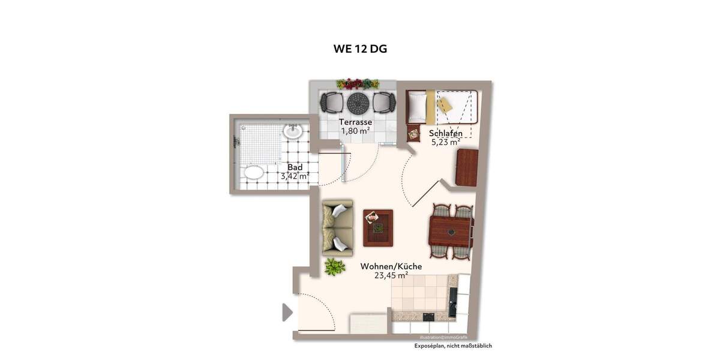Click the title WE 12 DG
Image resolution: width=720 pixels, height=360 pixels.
pyautogui.click(x=360, y=49)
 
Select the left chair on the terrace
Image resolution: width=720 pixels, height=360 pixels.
pyautogui.click(x=331, y=103)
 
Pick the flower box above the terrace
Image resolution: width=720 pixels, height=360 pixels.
pyautogui.click(x=358, y=83)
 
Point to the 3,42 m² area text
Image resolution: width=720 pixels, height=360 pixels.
pyautogui.click(x=295, y=176)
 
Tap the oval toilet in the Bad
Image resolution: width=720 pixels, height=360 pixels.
pyautogui.click(x=254, y=173)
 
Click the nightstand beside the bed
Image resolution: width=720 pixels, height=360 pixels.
pyautogui.click(x=413, y=134)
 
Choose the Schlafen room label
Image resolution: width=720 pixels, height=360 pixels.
pyautogui.click(x=445, y=133)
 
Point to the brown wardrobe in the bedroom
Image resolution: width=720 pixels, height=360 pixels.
pyautogui.click(x=467, y=167)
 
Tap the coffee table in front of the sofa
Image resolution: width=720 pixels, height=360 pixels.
pyautogui.click(x=378, y=228)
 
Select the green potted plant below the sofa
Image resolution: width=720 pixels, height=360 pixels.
pyautogui.click(x=334, y=266)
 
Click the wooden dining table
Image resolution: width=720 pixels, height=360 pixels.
pyautogui.click(x=450, y=231)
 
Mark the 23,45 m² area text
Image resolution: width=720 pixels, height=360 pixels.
pyautogui.click(x=391, y=275)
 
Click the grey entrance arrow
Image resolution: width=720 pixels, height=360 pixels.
pyautogui.click(x=287, y=312)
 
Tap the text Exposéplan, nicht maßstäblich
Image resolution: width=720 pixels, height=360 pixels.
pyautogui.click(x=453, y=346)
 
